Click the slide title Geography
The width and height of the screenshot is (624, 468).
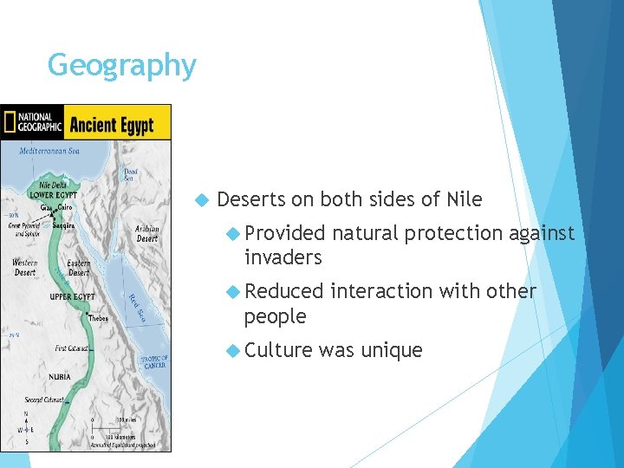click(x=122, y=65)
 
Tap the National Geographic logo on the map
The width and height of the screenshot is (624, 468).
click(x=33, y=122)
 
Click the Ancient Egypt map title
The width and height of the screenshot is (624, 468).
click(x=112, y=125)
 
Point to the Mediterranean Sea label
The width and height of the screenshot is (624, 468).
click(x=50, y=151)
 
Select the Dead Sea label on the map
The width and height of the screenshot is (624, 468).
click(x=130, y=174)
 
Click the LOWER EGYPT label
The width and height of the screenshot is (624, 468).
click(x=54, y=195)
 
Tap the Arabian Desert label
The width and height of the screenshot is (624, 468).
click(x=146, y=234)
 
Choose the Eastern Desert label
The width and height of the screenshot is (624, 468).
click(x=79, y=267)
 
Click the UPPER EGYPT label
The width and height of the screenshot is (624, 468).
click(x=73, y=296)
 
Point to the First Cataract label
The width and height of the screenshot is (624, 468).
click(x=72, y=348)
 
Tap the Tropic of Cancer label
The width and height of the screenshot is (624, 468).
click(x=155, y=362)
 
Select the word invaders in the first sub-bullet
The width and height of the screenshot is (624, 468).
click(x=283, y=257)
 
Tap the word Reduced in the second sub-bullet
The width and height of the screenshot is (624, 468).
click(x=284, y=291)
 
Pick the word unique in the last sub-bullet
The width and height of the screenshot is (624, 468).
click(x=391, y=350)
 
